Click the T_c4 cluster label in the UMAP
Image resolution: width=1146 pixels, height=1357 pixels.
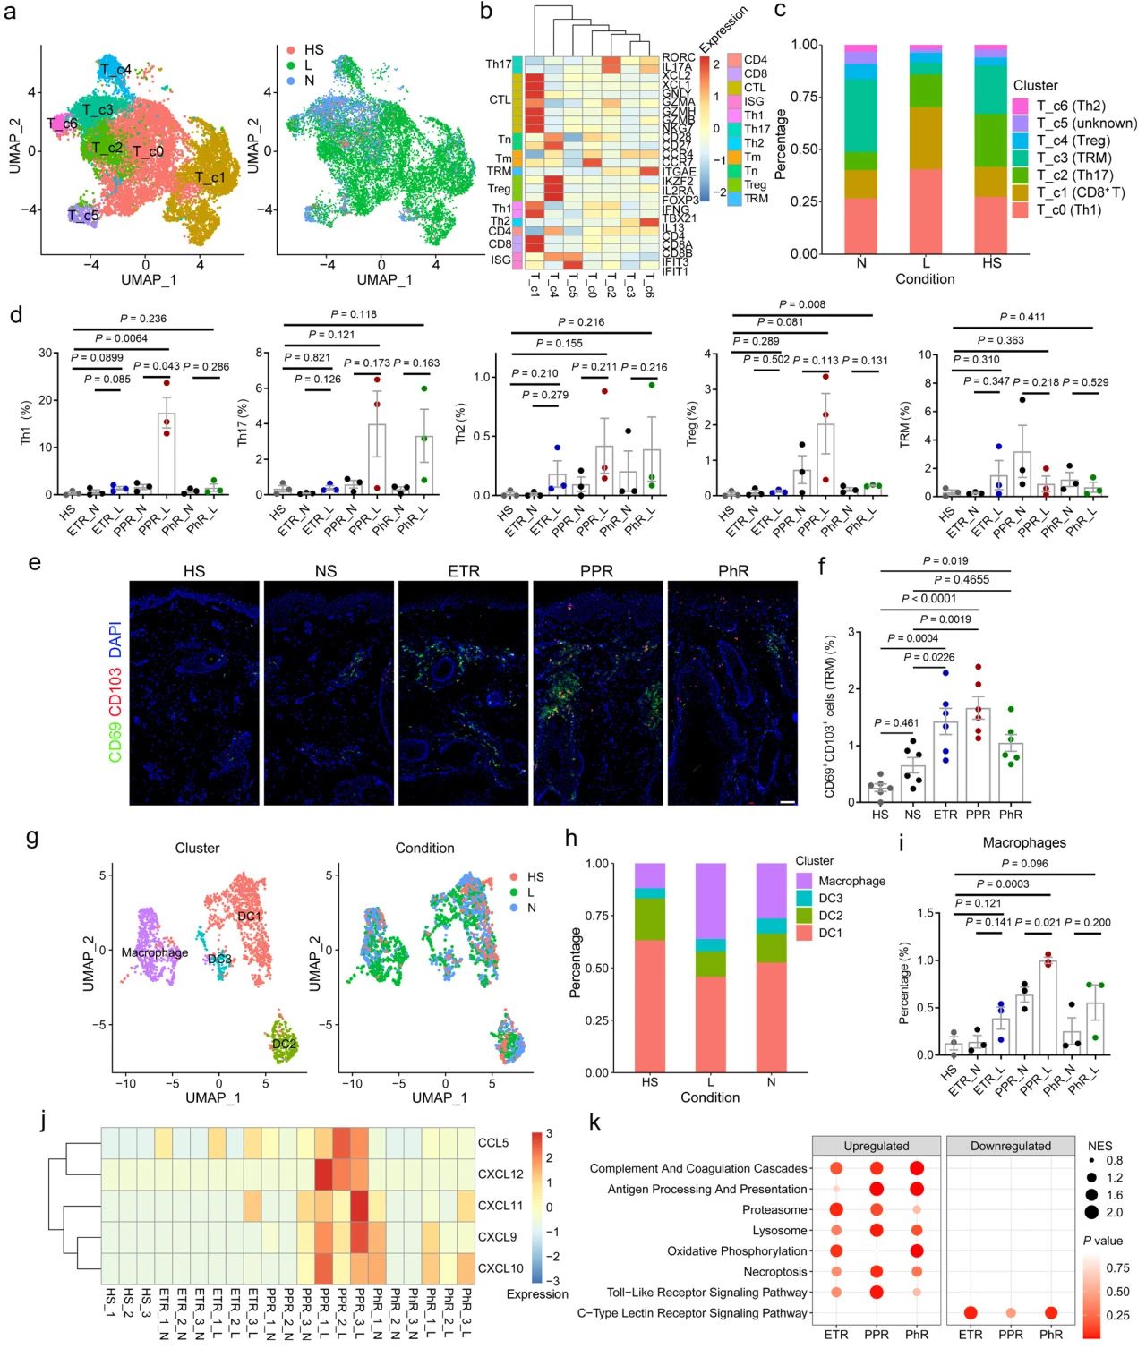point(115,69)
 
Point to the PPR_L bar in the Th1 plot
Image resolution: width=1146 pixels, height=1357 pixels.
point(167,453)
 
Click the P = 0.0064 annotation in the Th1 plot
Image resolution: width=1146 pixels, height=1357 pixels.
point(121,338)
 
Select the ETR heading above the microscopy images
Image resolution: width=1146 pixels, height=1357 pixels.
point(464,571)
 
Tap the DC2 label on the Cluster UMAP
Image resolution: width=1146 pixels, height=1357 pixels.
point(285,1044)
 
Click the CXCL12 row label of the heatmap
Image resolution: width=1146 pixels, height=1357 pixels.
point(500,1174)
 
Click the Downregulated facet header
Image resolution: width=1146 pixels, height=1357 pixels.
point(1011,1146)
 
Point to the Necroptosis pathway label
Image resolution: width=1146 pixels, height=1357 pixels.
point(774,1272)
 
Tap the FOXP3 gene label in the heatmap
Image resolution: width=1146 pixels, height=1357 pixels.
point(680,201)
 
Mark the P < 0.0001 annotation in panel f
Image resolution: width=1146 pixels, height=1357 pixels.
point(928,599)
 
